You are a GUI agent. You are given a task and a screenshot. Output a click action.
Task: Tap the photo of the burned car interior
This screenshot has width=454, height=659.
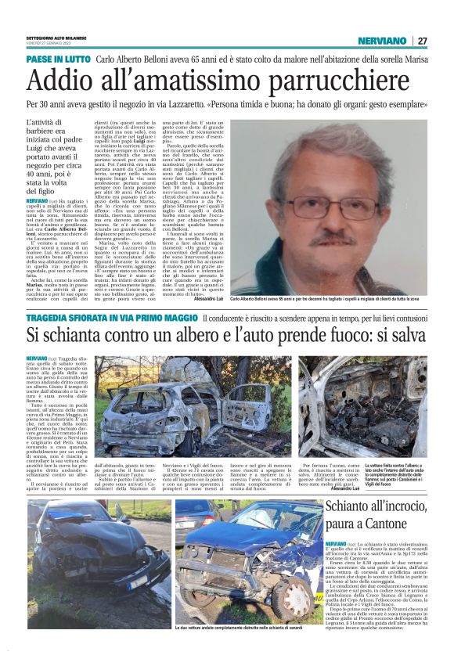(362, 407)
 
